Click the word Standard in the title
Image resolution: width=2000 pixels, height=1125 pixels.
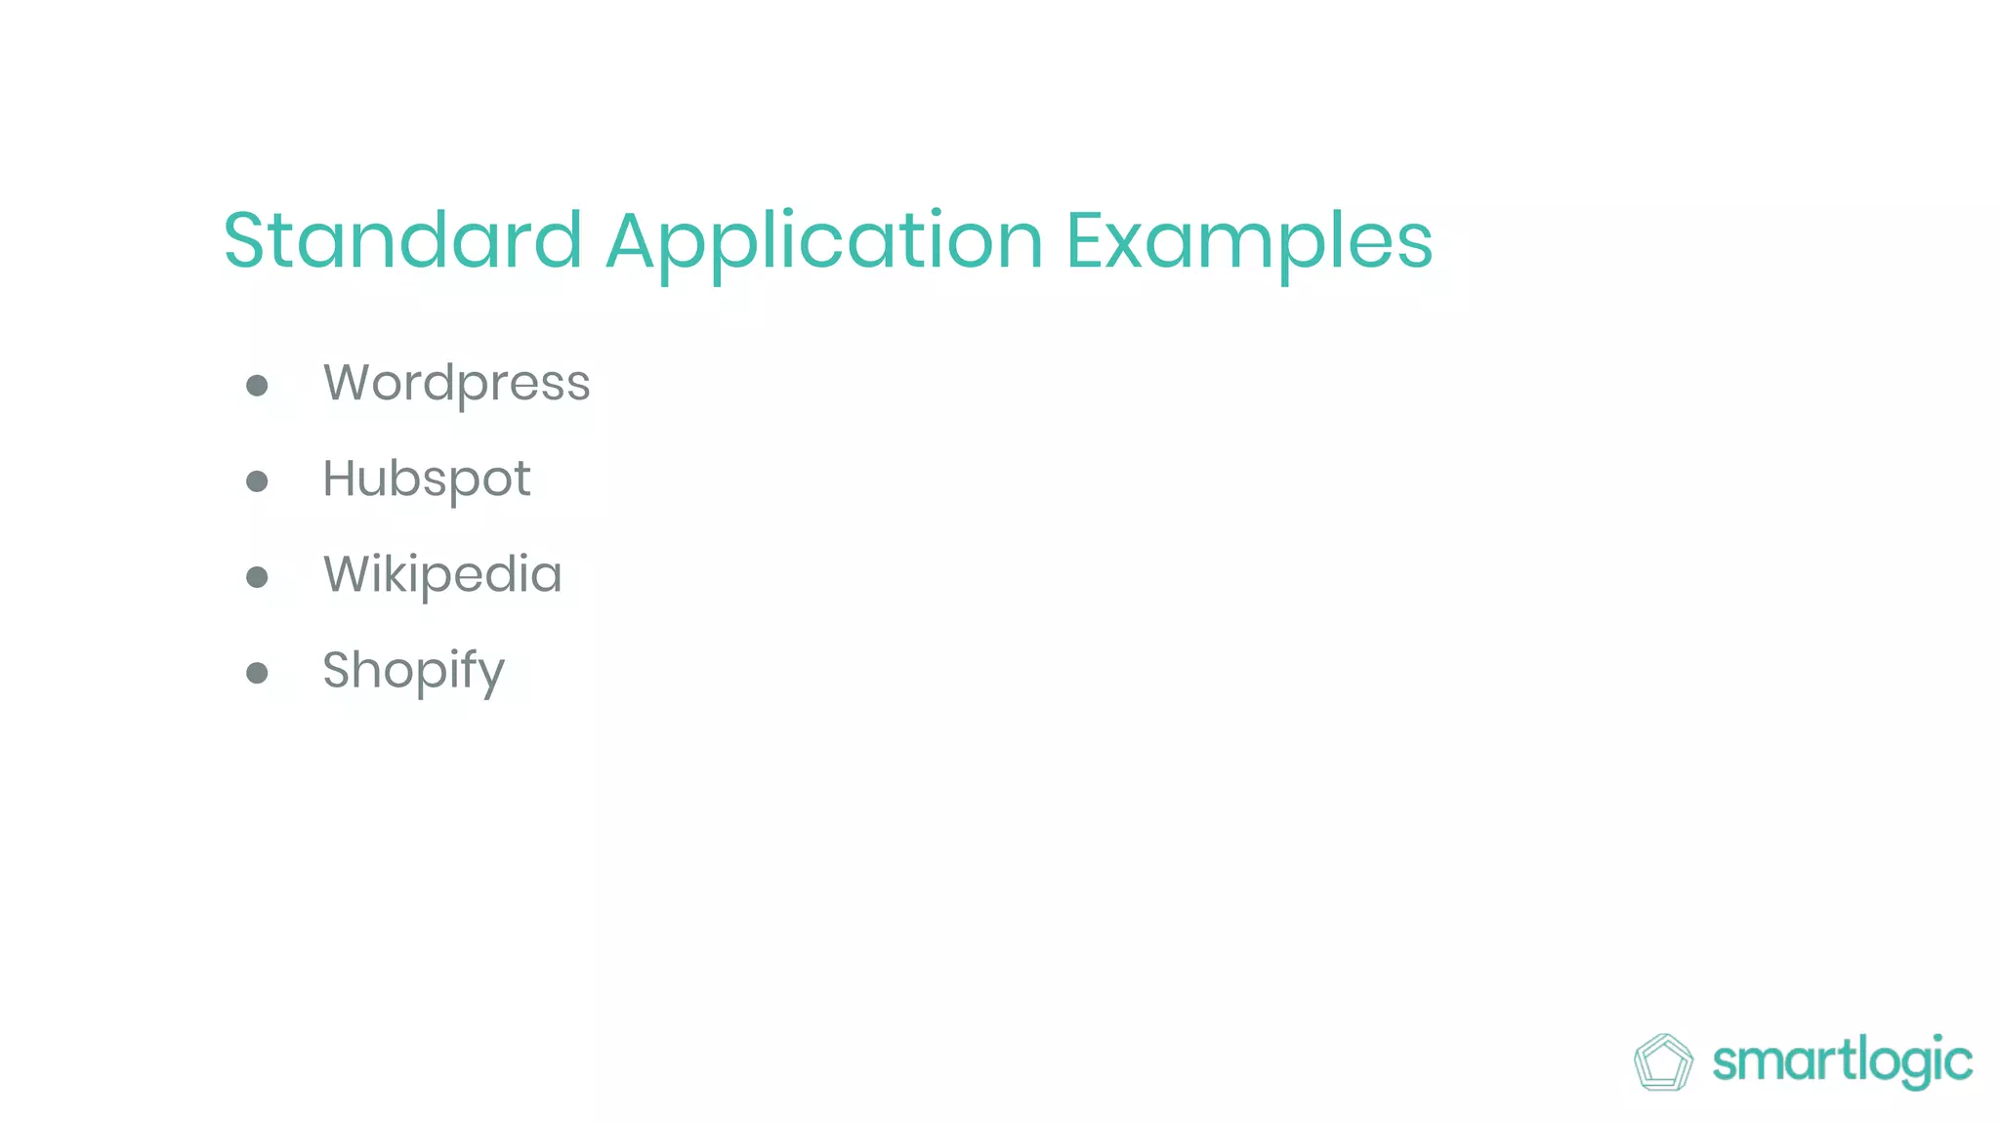pyautogui.click(x=402, y=240)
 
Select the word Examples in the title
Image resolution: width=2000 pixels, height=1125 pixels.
pyautogui.click(x=1249, y=242)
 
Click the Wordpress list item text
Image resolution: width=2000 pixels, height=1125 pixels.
pyautogui.click(x=456, y=383)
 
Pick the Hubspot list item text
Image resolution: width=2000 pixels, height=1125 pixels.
pyautogui.click(x=427, y=479)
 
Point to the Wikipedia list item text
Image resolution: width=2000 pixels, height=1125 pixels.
pyautogui.click(x=442, y=574)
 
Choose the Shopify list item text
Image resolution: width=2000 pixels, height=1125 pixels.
pyautogui.click(x=413, y=671)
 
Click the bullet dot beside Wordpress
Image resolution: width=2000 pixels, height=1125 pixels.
pyautogui.click(x=257, y=385)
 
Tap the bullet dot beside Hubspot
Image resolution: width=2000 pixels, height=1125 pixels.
pyautogui.click(x=257, y=480)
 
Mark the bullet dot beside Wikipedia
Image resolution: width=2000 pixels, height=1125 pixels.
pyautogui.click(x=257, y=577)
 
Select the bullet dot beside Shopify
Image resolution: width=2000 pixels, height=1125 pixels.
pyautogui.click(x=257, y=673)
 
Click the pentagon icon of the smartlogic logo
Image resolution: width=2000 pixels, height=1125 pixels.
pyautogui.click(x=1663, y=1062)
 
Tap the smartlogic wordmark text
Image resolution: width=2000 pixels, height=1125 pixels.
pyautogui.click(x=1842, y=1062)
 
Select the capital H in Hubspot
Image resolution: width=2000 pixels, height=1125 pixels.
pyautogui.click(x=343, y=479)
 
